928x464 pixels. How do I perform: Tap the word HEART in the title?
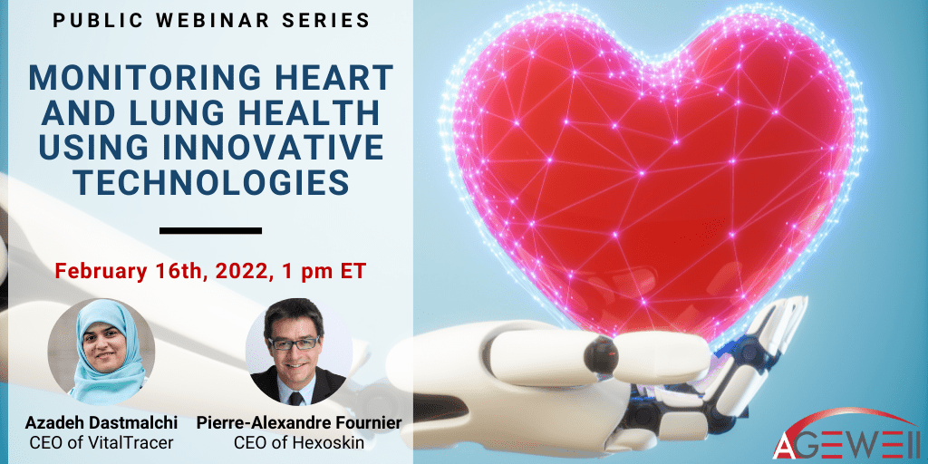(331, 77)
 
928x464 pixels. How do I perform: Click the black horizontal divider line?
(210, 230)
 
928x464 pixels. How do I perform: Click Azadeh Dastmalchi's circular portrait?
(101, 352)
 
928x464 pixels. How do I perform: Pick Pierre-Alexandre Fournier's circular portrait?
(298, 352)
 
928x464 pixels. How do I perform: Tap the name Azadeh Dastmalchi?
(101, 424)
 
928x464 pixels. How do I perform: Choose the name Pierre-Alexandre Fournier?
(299, 424)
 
